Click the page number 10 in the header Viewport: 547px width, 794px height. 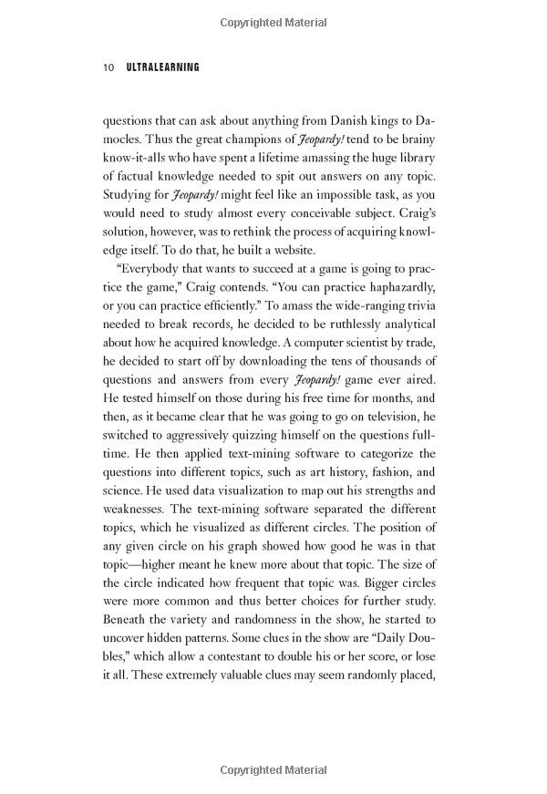coord(108,67)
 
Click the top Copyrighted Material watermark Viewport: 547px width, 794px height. coord(273,19)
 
